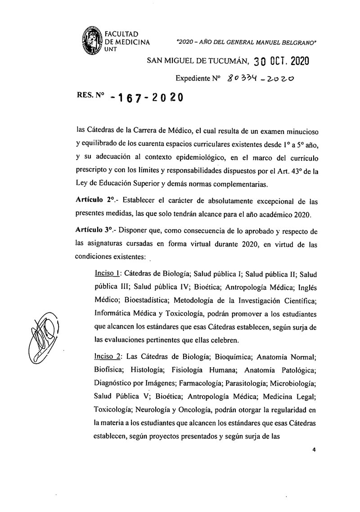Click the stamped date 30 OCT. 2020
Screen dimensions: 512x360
click(280, 62)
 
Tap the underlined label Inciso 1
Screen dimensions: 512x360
click(107, 273)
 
